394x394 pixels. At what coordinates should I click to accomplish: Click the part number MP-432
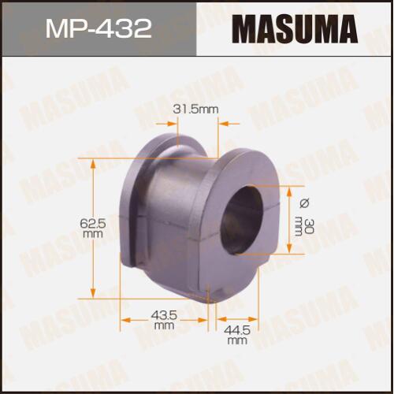(x=98, y=29)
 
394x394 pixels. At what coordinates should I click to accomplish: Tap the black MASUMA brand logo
(x=295, y=29)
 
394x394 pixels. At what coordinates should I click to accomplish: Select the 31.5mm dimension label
(x=195, y=110)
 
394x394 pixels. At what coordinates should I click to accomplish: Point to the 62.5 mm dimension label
(x=93, y=229)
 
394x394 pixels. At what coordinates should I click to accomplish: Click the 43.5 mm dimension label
(x=164, y=320)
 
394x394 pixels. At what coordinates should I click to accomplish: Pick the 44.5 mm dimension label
(x=237, y=335)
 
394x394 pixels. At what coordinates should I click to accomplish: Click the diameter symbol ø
(x=305, y=203)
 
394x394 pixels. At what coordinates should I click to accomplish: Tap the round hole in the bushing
(x=241, y=220)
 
